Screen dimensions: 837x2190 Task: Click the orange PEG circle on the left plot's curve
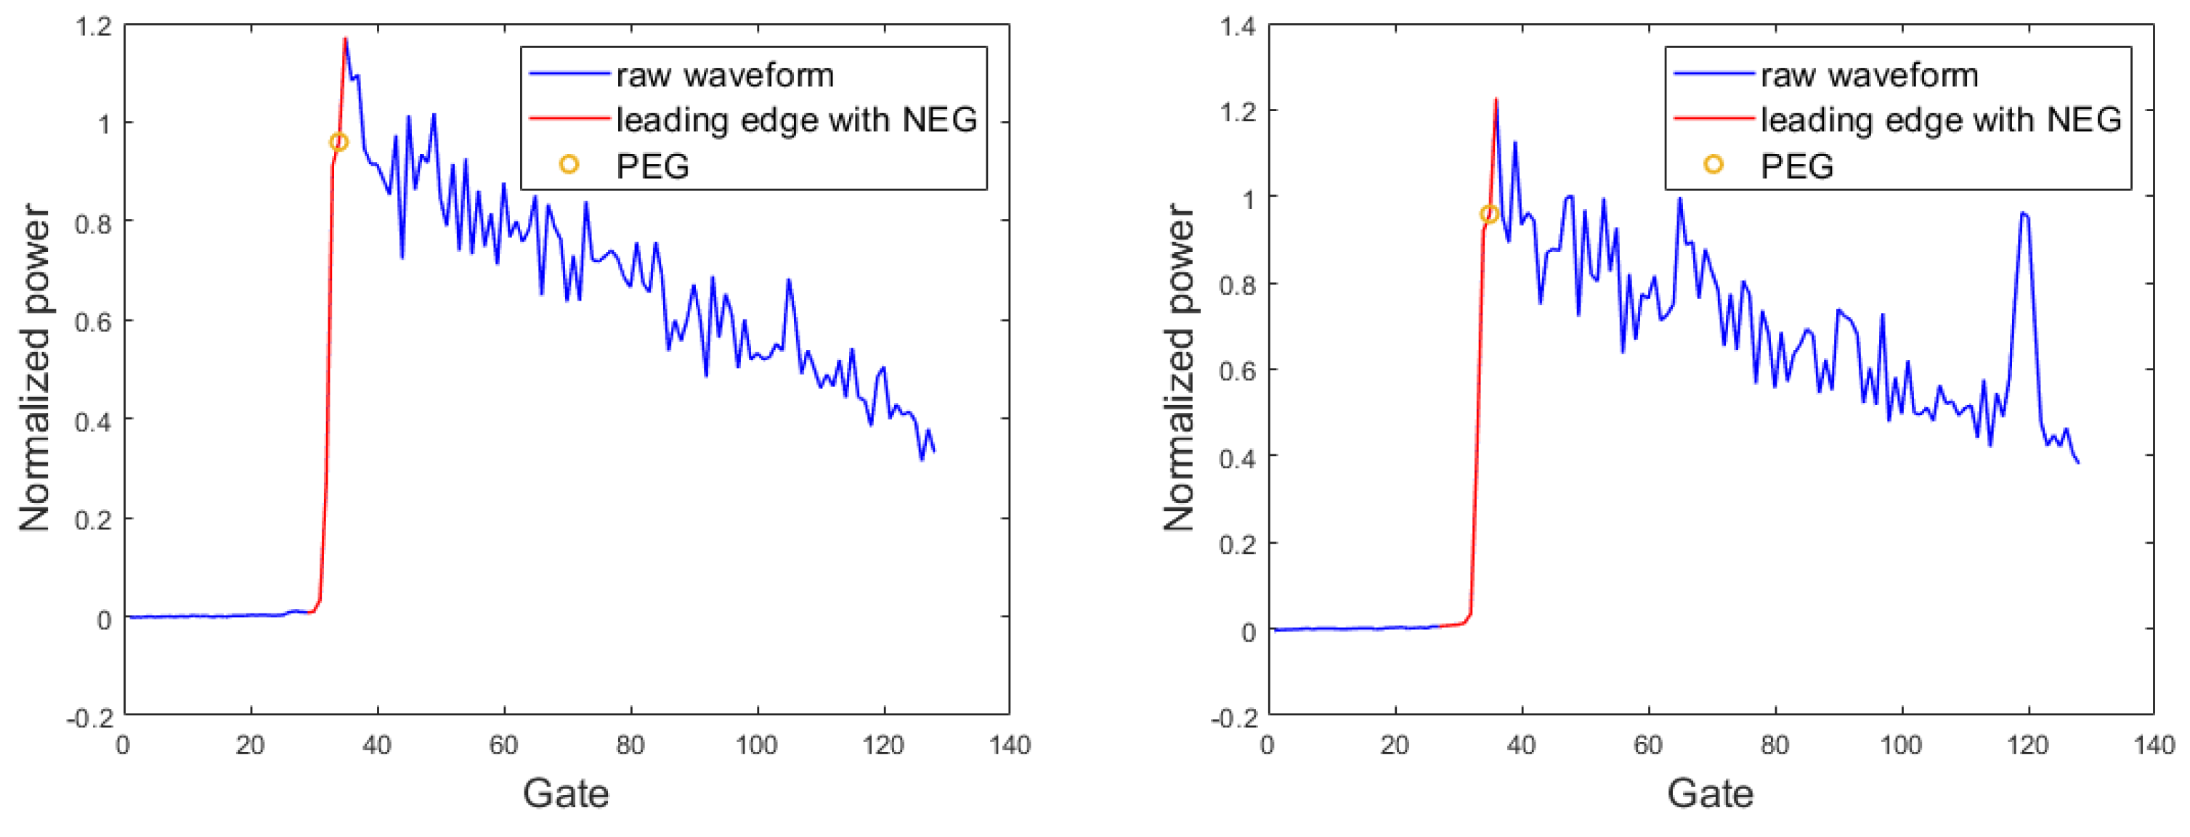338,142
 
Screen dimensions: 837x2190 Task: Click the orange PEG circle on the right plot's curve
1488,214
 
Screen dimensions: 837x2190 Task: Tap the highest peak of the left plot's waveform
345,39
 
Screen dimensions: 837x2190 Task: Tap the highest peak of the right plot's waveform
1496,100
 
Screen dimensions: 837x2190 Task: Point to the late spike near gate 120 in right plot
2024,214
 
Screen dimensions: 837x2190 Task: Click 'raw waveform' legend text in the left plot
724,75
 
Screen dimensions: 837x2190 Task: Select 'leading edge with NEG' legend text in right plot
1941,120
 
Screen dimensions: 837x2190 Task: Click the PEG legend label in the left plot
652,166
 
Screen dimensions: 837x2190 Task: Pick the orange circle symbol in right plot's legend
1713,165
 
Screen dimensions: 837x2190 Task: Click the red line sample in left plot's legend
569,119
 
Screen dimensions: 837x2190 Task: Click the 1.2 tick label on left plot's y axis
94,27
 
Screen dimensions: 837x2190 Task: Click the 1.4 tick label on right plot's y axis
1237,27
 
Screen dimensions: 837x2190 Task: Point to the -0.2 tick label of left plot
90,718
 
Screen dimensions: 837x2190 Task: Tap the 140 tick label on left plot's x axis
1009,746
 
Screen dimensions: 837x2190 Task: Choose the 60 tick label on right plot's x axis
1647,746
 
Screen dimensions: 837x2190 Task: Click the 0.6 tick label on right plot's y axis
1237,372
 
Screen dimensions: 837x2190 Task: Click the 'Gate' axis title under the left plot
565,793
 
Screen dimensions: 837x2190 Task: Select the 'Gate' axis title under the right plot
1710,793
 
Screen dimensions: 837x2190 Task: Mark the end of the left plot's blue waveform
934,452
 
